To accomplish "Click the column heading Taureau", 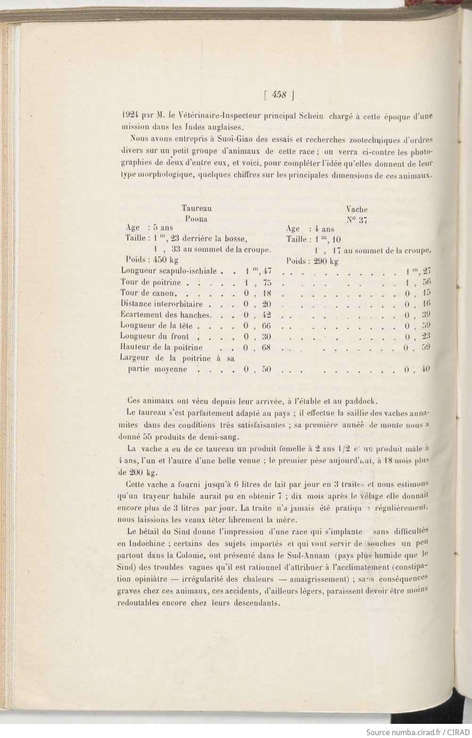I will (197, 208).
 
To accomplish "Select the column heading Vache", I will (357, 209).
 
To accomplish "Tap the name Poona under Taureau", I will (197, 219).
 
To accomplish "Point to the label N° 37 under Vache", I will (357, 219).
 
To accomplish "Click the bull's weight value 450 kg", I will (163, 260).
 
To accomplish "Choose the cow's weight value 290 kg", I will (326, 261).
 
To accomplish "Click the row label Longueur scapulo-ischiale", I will (169, 271).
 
